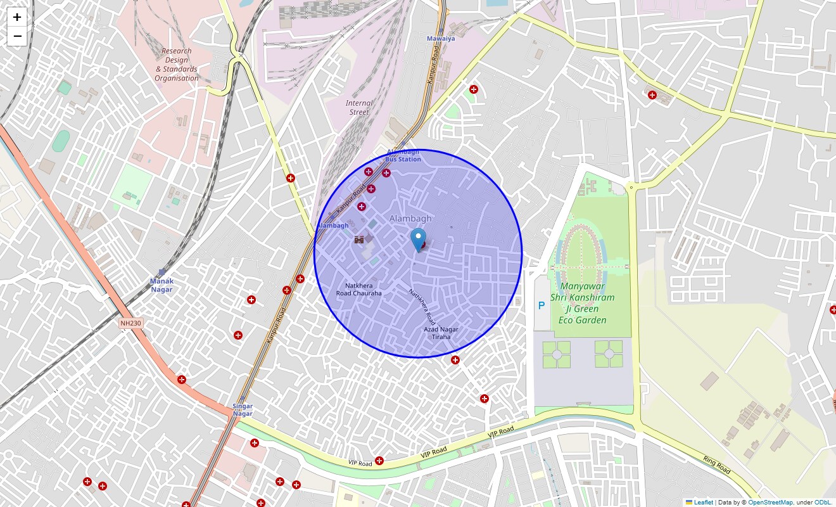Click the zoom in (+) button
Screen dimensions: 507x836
pyautogui.click(x=17, y=17)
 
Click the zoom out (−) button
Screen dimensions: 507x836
pyautogui.click(x=17, y=36)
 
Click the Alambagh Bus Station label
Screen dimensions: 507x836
pyautogui.click(x=403, y=156)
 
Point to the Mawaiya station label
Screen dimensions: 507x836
pyautogui.click(x=441, y=39)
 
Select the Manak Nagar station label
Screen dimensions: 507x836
pyautogui.click(x=161, y=285)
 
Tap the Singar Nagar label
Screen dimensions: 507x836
pyautogui.click(x=243, y=410)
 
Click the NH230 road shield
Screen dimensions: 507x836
pyautogui.click(x=131, y=324)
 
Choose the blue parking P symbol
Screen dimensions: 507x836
pyautogui.click(x=541, y=305)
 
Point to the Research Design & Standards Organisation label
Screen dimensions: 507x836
pyautogui.click(x=177, y=65)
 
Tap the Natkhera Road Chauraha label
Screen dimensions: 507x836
pyautogui.click(x=359, y=290)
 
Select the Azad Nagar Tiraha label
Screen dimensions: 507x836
pyautogui.click(x=441, y=333)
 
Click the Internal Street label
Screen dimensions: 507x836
pyautogui.click(x=359, y=108)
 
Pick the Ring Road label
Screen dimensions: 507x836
pyautogui.click(x=716, y=465)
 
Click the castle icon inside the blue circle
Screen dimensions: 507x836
pyautogui.click(x=359, y=240)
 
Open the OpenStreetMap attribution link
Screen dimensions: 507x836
pyautogui.click(x=770, y=503)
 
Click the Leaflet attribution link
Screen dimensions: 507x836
pyautogui.click(x=703, y=503)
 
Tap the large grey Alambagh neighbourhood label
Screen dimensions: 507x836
pyautogui.click(x=410, y=219)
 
